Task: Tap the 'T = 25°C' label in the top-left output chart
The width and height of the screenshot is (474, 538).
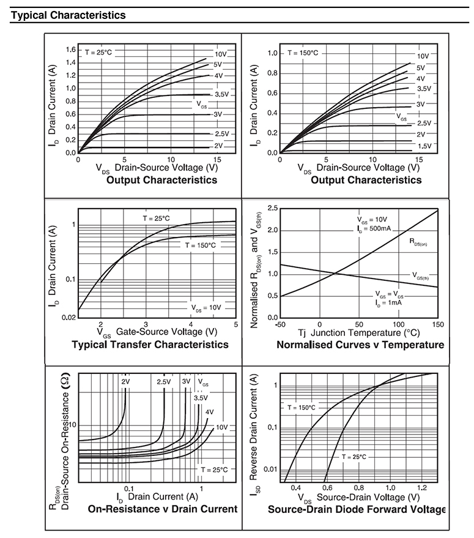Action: (98, 52)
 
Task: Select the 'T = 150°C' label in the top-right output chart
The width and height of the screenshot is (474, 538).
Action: (303, 53)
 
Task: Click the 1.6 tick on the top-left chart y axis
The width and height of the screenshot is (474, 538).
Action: (70, 50)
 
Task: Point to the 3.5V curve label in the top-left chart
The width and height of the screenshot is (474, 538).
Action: (221, 95)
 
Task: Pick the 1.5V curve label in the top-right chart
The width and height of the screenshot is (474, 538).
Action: (424, 146)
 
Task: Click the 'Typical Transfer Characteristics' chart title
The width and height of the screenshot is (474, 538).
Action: (150, 345)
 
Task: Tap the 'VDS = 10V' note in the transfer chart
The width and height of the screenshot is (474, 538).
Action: (206, 307)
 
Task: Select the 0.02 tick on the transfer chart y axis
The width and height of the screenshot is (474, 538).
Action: (69, 316)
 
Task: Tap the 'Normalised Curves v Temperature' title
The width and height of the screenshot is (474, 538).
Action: (360, 345)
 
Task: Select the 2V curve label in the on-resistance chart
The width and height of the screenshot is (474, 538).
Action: (125, 382)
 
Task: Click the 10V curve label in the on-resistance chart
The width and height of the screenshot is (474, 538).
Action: (221, 427)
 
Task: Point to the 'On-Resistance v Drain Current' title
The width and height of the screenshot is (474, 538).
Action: (162, 509)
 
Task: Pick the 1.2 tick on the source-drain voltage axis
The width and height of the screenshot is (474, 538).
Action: (422, 487)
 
